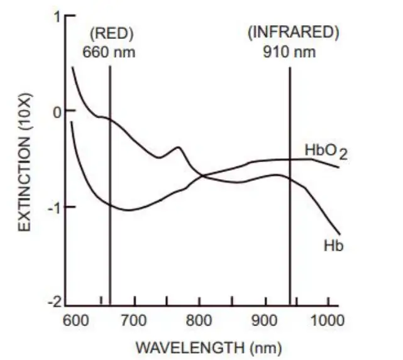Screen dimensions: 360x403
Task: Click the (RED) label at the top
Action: (113, 33)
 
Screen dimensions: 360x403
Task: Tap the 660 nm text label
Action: (109, 52)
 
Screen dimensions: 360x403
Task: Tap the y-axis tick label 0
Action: (56, 111)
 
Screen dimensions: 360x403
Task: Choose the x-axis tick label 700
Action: (136, 319)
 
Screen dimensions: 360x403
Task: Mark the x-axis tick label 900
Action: (264, 319)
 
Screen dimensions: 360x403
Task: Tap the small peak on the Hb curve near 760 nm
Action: (178, 148)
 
